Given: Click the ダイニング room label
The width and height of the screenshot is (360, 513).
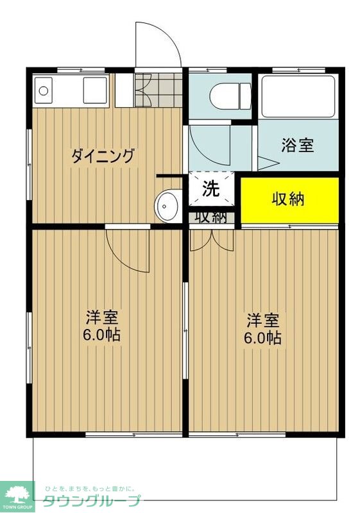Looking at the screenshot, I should [103, 156].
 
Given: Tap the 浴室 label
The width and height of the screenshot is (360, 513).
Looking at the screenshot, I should [297, 146].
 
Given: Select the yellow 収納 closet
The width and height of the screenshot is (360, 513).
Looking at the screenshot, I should [289, 199].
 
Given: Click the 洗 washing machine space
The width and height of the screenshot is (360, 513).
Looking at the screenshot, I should [211, 189].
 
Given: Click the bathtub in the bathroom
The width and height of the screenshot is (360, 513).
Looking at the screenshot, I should [298, 96].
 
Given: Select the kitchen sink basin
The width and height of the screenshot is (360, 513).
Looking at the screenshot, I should [44, 90].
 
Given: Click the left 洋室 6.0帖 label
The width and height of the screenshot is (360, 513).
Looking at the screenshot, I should [104, 326].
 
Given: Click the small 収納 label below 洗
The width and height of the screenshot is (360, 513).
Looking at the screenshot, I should [211, 217].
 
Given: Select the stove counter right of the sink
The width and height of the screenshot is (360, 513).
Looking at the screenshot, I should [95, 90].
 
